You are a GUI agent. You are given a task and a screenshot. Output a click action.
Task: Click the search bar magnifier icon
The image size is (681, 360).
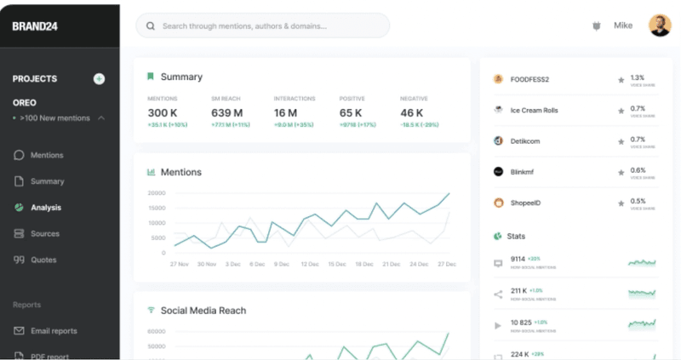[x=151, y=26]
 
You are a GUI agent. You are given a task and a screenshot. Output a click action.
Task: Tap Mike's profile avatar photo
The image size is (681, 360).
[x=659, y=26]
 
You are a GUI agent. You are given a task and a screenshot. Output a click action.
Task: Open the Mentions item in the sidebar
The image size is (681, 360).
[x=47, y=155]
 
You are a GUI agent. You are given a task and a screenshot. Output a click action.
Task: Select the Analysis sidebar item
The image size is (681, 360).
[x=46, y=208]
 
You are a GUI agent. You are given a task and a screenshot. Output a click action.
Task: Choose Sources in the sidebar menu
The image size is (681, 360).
[x=45, y=233]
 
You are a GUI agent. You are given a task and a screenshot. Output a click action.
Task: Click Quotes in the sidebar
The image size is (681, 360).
[x=43, y=260]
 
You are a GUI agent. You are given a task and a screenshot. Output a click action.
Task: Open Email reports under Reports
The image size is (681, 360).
[x=54, y=331]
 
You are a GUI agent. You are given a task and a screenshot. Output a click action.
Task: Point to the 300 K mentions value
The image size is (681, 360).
[x=163, y=113]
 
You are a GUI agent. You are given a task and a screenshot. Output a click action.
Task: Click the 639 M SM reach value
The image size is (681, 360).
[x=227, y=113]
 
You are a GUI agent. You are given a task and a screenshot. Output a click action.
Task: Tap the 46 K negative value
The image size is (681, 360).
[x=412, y=113]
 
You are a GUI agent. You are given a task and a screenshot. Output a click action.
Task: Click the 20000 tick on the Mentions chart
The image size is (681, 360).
[x=156, y=193]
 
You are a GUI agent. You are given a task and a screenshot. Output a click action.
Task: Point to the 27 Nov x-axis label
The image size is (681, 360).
[x=179, y=264]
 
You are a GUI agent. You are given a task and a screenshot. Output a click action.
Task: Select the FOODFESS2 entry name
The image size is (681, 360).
[x=529, y=80]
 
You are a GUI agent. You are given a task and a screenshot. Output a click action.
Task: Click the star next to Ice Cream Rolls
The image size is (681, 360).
[x=621, y=111]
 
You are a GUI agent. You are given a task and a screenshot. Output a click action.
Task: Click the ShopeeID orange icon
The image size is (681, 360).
[x=499, y=203]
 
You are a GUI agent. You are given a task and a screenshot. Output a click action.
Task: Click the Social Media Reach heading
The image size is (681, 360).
[x=203, y=311]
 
